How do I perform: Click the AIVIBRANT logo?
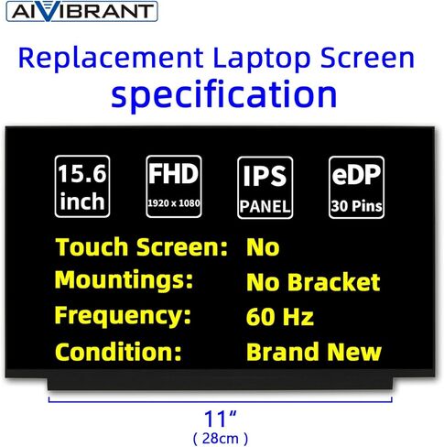coord(81,11)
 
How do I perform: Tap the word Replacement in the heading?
coord(111,58)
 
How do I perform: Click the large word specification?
coord(224,93)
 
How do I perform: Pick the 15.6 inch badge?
coord(82,187)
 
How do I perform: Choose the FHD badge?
coord(174,187)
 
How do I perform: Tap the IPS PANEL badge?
coord(265,188)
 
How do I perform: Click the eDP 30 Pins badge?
coord(356,187)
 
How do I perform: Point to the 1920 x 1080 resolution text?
coord(174,203)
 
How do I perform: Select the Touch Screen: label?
coord(142,247)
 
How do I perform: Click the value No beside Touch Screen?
coord(263,247)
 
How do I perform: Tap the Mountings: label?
coord(124,281)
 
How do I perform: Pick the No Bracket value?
coord(313,282)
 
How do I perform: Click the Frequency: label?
coord(123,316)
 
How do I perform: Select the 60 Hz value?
coord(280,317)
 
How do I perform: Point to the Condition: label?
coord(118,352)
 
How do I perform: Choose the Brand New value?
coord(314,352)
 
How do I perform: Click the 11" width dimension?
coord(221,419)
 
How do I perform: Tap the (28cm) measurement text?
coord(221,439)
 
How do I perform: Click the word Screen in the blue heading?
coord(367,58)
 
